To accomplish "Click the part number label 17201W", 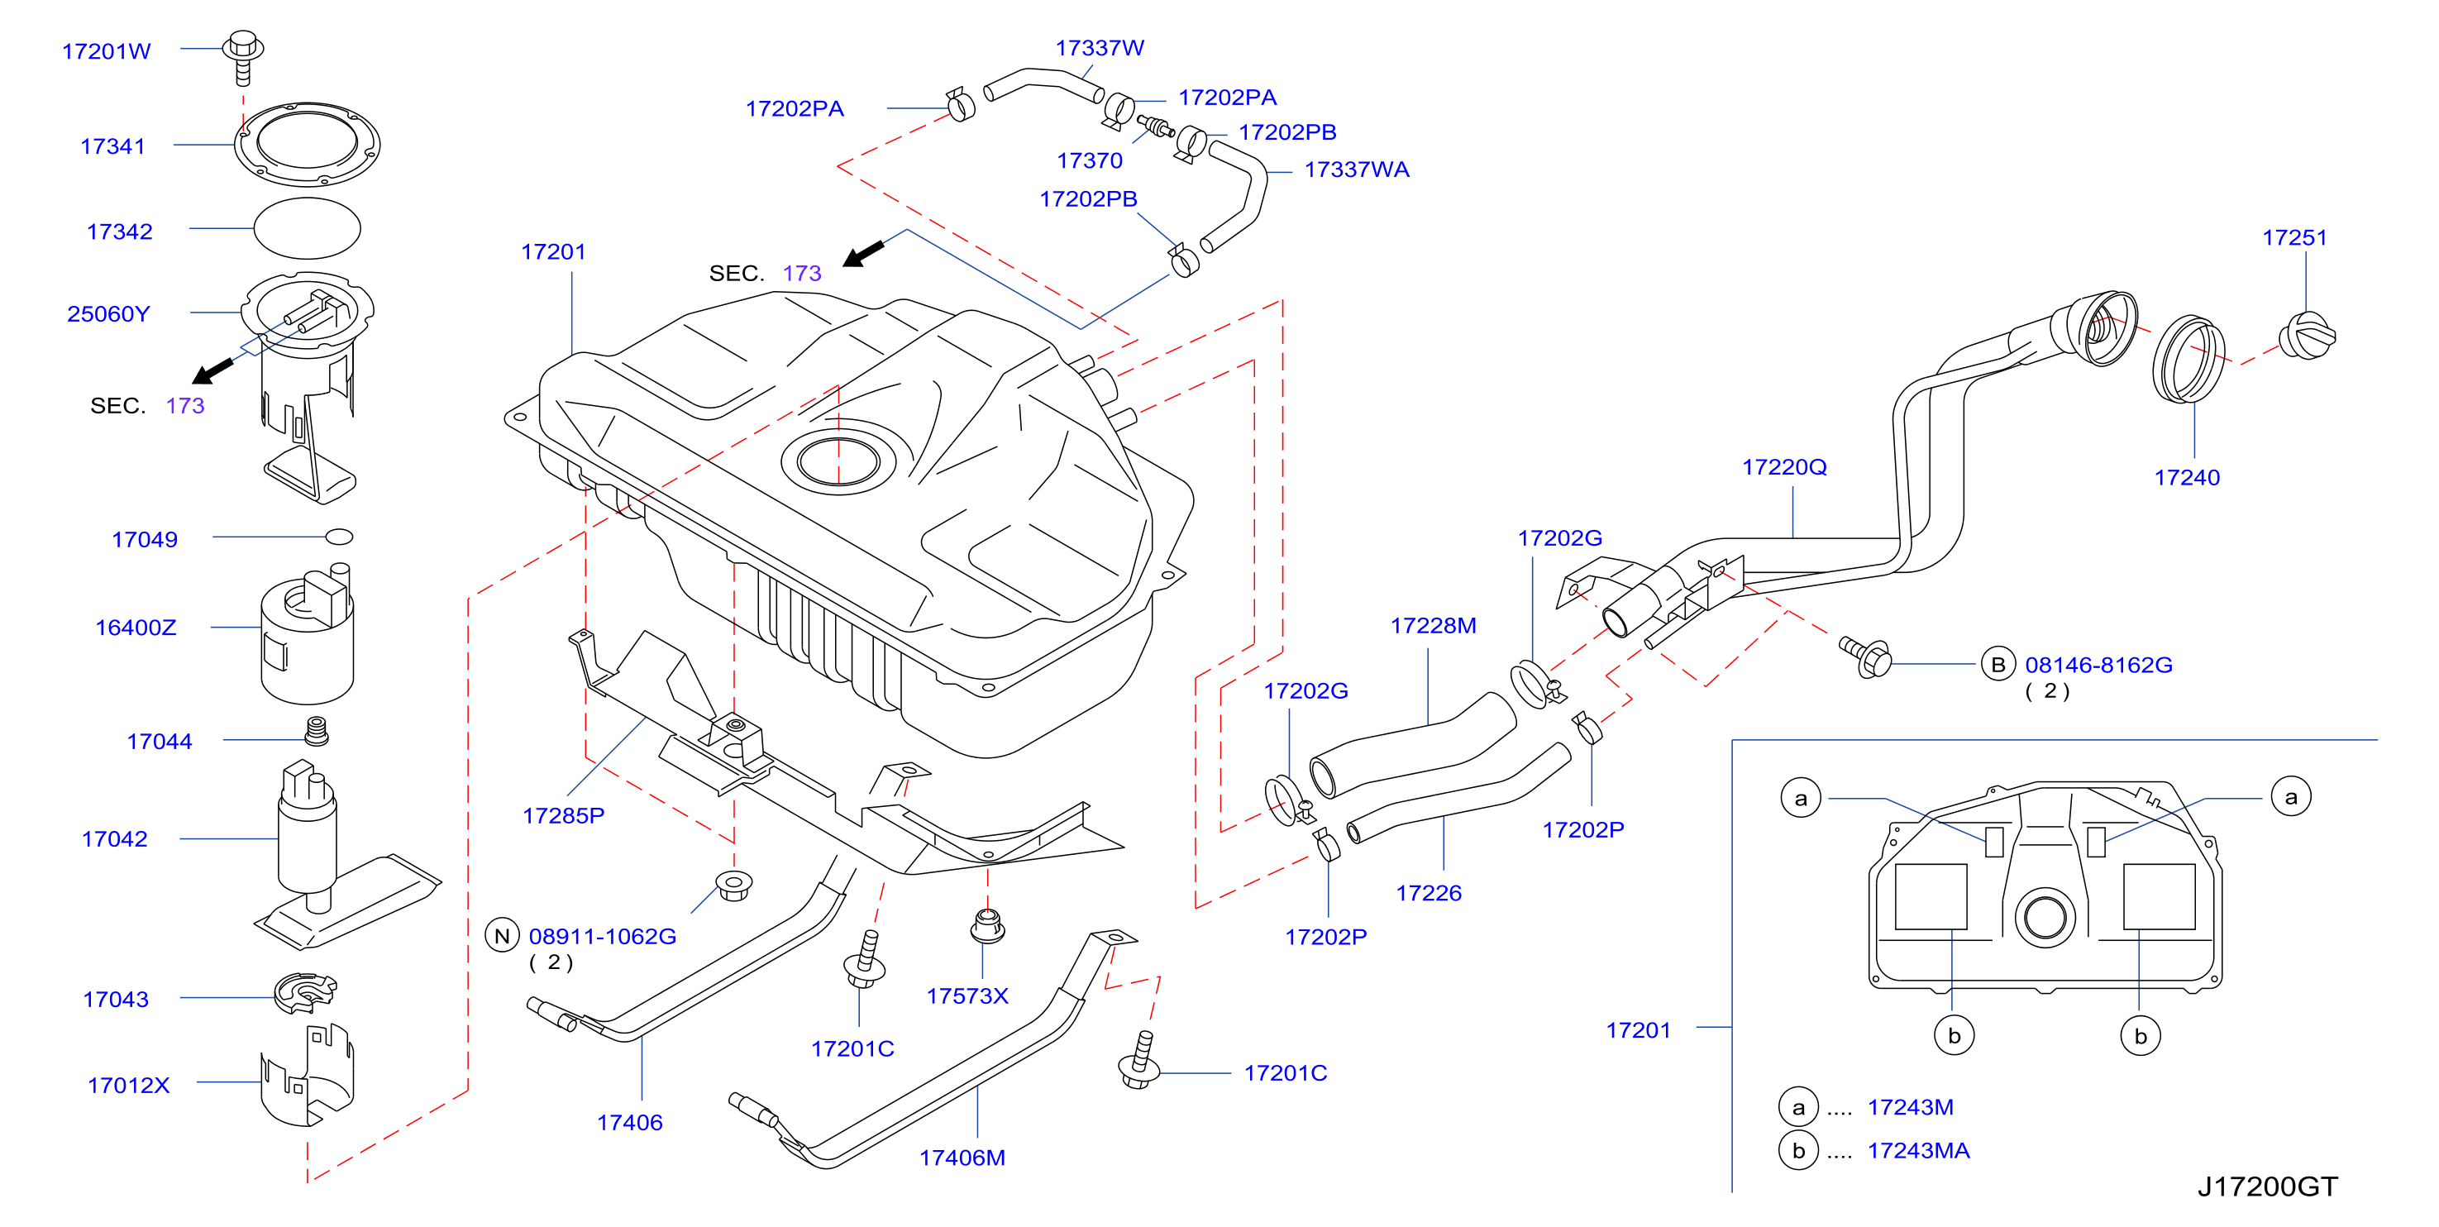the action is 106,51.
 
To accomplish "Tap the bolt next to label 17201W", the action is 242,57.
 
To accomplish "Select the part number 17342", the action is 119,231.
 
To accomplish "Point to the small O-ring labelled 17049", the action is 339,537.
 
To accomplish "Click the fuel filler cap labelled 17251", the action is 2307,336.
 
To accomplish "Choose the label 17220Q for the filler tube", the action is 1784,467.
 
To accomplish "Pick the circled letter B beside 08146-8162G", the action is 1997,665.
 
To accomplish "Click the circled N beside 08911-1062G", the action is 502,935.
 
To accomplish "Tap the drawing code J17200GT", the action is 2267,1186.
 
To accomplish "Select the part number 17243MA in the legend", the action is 1918,1150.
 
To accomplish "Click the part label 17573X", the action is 967,996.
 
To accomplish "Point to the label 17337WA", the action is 1357,169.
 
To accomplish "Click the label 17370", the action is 1090,161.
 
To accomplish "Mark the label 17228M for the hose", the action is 1433,626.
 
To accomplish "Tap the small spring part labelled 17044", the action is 316,731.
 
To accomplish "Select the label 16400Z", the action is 136,628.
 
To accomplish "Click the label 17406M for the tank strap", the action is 962,1158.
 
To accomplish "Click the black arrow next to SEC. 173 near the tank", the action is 862,253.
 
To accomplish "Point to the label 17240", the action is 2186,477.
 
